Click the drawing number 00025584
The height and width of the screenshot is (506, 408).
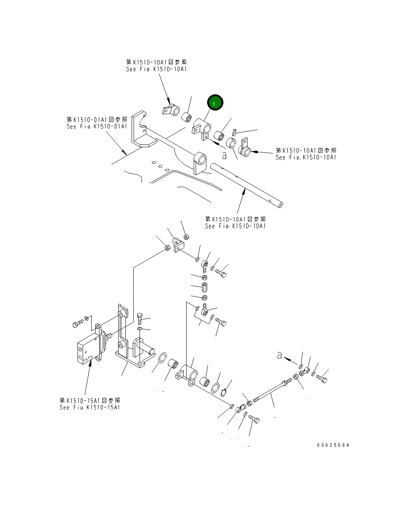click(x=333, y=445)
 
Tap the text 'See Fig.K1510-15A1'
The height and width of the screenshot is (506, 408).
click(x=90, y=407)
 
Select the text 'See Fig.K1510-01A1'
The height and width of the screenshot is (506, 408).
click(x=97, y=126)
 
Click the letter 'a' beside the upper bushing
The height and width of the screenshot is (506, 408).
click(x=225, y=156)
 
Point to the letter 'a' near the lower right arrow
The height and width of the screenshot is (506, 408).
click(x=280, y=356)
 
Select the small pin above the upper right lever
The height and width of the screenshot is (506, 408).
click(x=234, y=132)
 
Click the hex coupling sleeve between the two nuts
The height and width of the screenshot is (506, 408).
click(x=205, y=286)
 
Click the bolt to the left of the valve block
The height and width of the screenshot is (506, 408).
click(x=77, y=324)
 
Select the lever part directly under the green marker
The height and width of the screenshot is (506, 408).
click(x=202, y=130)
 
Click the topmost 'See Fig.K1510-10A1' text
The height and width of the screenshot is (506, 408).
click(x=157, y=69)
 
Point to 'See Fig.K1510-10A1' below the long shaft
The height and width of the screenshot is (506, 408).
click(x=236, y=226)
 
